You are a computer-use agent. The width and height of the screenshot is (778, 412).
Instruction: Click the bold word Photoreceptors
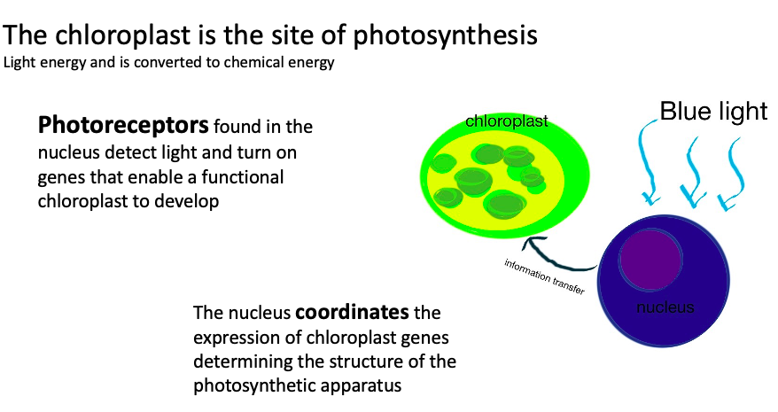tap(123, 126)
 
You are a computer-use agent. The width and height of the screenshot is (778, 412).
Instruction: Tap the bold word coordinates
tap(352, 312)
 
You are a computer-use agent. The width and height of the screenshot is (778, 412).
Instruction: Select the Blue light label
tap(713, 111)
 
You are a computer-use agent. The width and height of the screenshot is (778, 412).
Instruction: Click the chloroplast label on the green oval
tap(507, 121)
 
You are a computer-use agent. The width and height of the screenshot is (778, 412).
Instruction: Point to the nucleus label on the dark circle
tap(665, 307)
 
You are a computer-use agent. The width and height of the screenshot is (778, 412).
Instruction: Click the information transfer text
tap(544, 276)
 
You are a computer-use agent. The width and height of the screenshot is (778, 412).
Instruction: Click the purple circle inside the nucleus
tap(650, 259)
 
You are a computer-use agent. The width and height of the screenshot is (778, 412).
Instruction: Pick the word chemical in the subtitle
tap(252, 63)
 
